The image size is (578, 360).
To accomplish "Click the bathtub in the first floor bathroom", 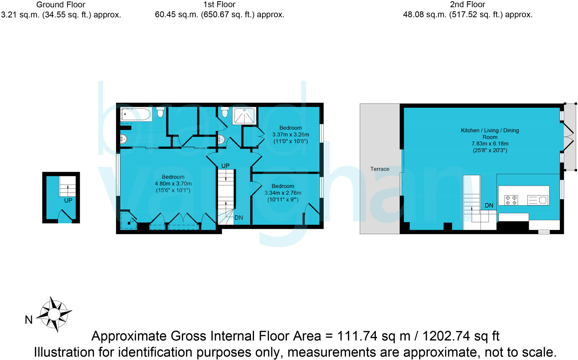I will (x=136, y=114).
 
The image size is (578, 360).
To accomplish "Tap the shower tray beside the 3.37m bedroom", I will (x=244, y=116).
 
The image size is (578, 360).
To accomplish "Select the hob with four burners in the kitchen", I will (x=511, y=200).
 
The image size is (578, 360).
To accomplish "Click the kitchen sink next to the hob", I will (x=538, y=200).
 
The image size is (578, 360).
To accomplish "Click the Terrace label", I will (x=380, y=169).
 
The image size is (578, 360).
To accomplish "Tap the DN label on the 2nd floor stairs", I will (x=489, y=205).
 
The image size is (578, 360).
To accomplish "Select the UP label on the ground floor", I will (x=68, y=201).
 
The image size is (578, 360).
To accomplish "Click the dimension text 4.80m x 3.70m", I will (x=173, y=184).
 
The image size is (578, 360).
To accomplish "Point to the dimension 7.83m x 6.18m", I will (x=490, y=144).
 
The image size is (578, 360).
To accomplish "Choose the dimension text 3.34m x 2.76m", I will (x=283, y=193).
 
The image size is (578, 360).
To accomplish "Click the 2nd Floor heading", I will (x=467, y=5).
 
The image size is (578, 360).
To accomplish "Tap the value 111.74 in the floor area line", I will (x=357, y=336).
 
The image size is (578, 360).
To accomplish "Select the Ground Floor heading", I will (x=61, y=5).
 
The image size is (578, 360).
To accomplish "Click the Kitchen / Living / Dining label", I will (x=490, y=130).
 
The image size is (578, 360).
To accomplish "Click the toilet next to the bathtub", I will (x=160, y=112).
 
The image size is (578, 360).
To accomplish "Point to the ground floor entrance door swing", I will (x=65, y=216).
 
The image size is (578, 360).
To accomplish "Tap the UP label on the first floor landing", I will (x=225, y=166).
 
